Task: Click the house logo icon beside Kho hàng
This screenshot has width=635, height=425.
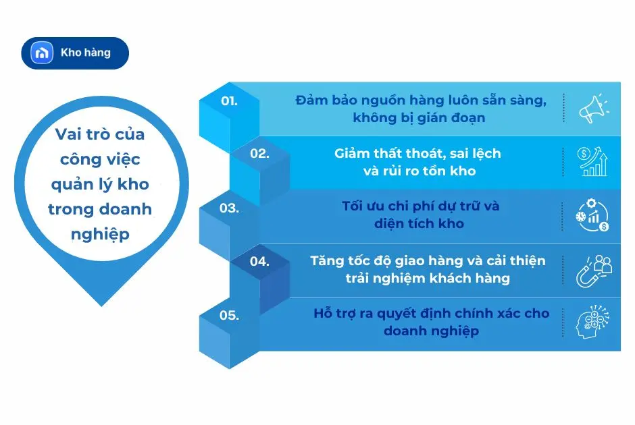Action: pos(43,53)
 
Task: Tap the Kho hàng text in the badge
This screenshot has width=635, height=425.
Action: pos(85,53)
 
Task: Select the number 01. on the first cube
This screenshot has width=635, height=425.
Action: pos(230,101)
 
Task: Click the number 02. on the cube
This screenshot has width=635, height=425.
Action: pos(259,153)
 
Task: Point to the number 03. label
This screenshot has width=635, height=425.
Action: pos(230,208)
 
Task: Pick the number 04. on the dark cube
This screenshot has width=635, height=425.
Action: pos(259,262)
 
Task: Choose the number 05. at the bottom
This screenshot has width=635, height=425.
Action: pos(230,314)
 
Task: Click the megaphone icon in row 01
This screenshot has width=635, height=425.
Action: pos(593,109)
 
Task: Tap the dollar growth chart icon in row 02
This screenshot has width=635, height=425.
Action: pos(593,162)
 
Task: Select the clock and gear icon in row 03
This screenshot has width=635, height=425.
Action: pos(593,215)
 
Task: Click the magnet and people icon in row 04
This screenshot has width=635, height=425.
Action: pos(593,269)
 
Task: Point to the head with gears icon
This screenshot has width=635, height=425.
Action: pos(593,322)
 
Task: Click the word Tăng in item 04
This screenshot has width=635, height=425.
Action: pos(327,261)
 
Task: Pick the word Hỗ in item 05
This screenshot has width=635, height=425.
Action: pos(323,314)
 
